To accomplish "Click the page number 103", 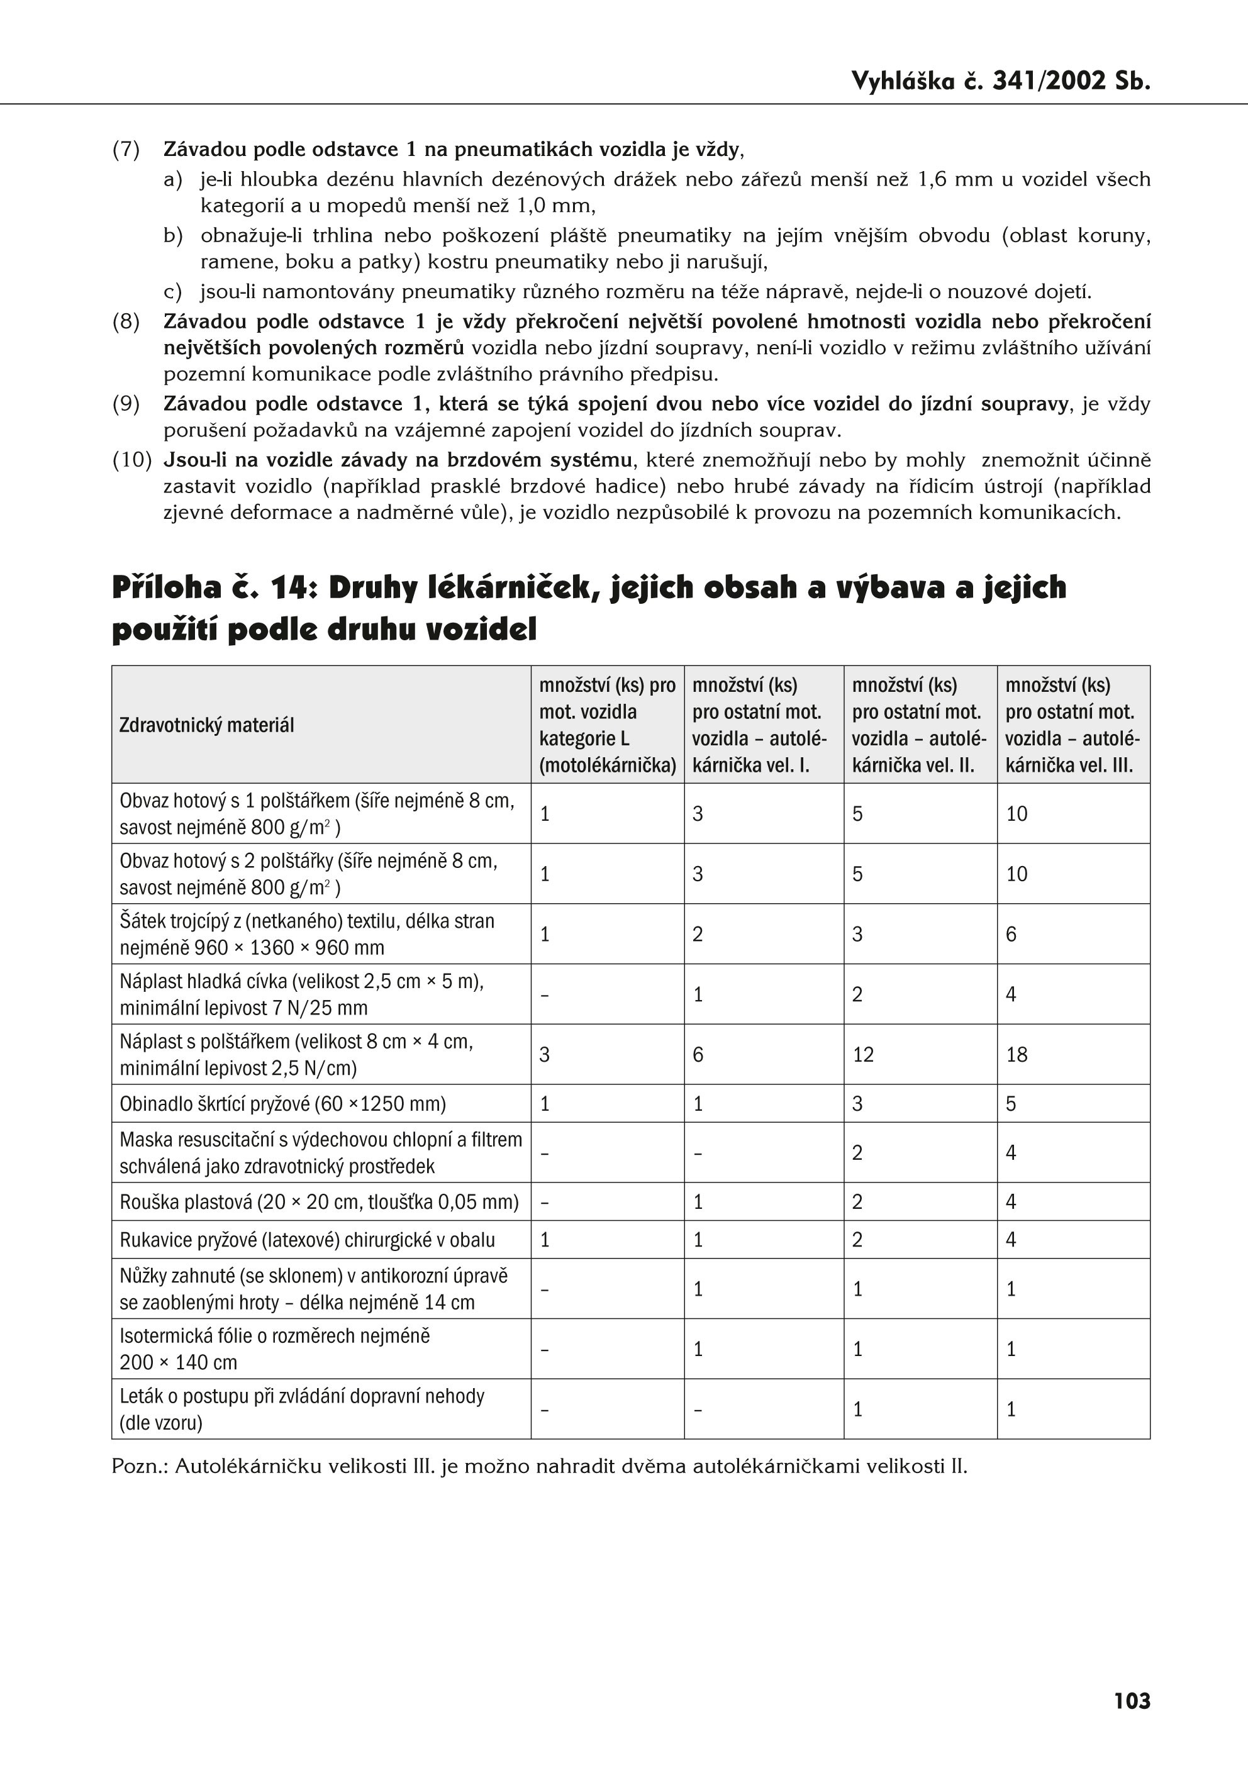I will click(1132, 1700).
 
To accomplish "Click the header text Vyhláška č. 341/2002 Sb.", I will click(1000, 81).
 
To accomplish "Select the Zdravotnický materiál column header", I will click(206, 725).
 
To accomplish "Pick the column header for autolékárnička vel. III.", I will click(1072, 725).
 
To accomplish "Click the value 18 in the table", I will click(1017, 1054).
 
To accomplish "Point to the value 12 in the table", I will click(862, 1054).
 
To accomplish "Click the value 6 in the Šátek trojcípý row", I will click(1011, 934).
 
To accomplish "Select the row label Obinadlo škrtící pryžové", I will click(282, 1103).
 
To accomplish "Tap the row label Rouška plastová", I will click(319, 1202).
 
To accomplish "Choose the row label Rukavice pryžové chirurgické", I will click(306, 1240).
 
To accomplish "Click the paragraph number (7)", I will click(126, 150).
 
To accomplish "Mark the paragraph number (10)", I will click(131, 460).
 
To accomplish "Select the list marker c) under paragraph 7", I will click(172, 292).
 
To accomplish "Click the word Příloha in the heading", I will click(167, 587).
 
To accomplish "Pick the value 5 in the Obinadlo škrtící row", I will click(1011, 1103).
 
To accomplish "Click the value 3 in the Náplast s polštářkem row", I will click(544, 1054).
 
